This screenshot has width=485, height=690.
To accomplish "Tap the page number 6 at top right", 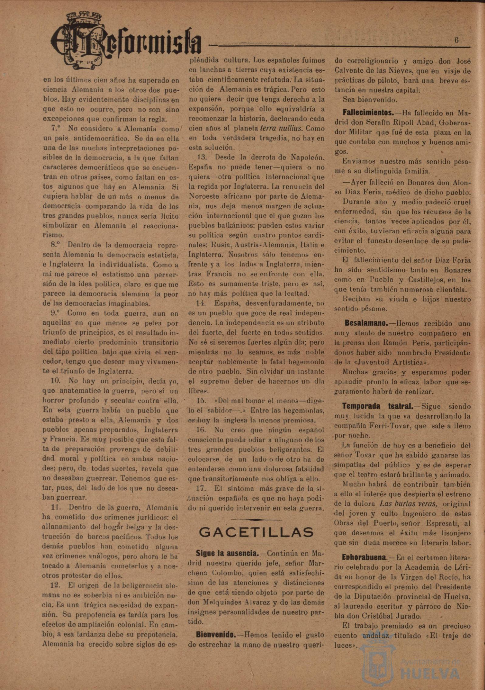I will [456, 40].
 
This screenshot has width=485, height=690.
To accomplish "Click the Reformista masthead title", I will [126, 43].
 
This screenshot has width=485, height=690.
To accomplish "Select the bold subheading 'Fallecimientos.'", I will [368, 113].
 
